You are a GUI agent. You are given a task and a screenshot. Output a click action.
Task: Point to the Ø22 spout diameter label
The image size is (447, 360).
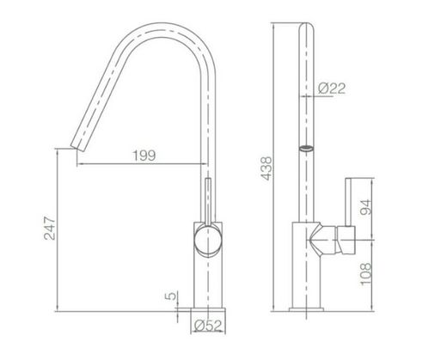pyautogui.click(x=329, y=88)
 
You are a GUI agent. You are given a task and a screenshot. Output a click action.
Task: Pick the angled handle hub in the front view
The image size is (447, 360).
pyautogui.click(x=334, y=239)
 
